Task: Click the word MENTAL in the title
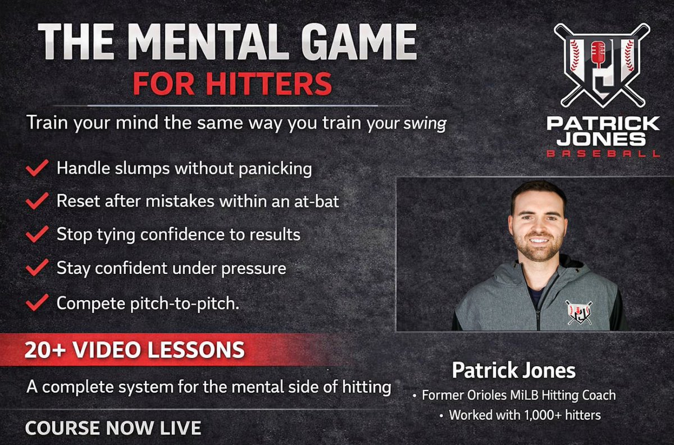click(211, 42)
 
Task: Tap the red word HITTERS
click(268, 83)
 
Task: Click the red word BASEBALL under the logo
click(604, 153)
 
